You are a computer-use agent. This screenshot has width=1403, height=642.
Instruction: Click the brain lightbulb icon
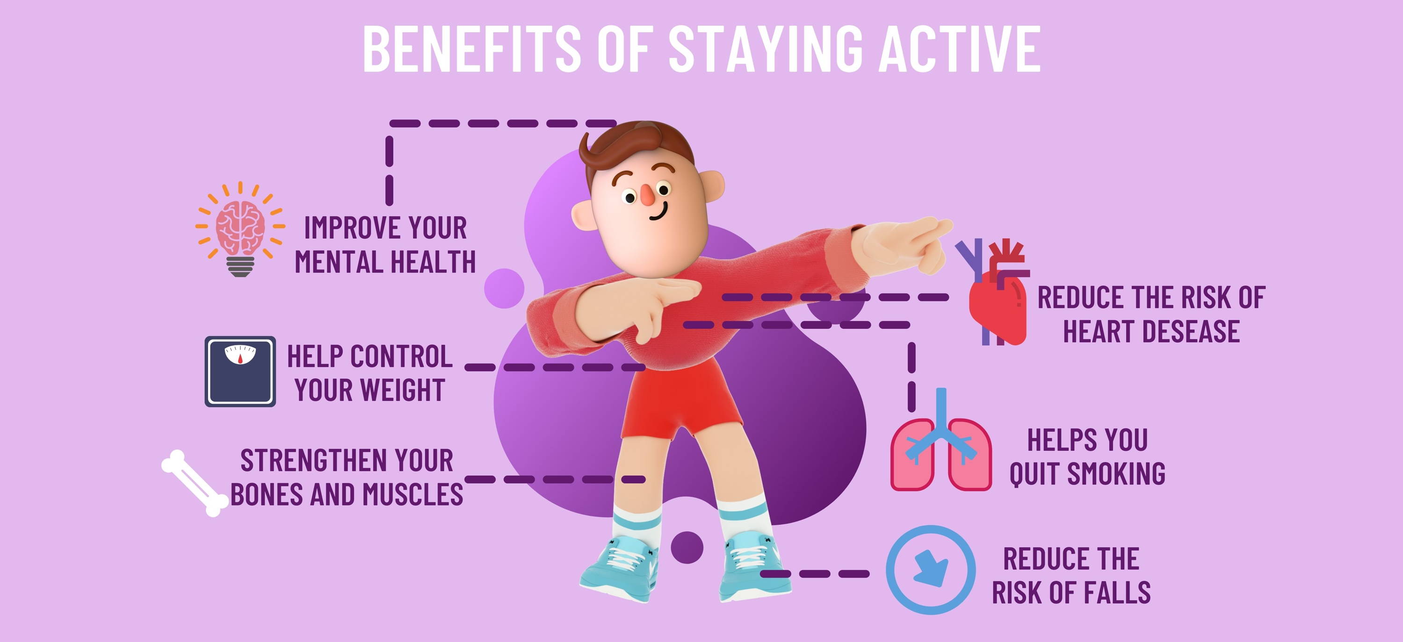coord(240,229)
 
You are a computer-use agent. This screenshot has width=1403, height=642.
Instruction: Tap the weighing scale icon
coord(240,371)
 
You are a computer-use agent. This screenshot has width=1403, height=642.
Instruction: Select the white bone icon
coord(195,483)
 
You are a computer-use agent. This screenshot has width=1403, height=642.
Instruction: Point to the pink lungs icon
coord(941,440)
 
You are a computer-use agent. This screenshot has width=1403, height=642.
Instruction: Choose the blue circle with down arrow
coord(931,570)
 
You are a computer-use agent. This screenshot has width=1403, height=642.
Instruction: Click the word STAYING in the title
coord(766,49)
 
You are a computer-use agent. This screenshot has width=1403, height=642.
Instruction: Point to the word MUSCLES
coord(413,494)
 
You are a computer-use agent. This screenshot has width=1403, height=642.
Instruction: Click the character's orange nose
coord(648,196)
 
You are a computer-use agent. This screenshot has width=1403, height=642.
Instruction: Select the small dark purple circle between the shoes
coord(687,547)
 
